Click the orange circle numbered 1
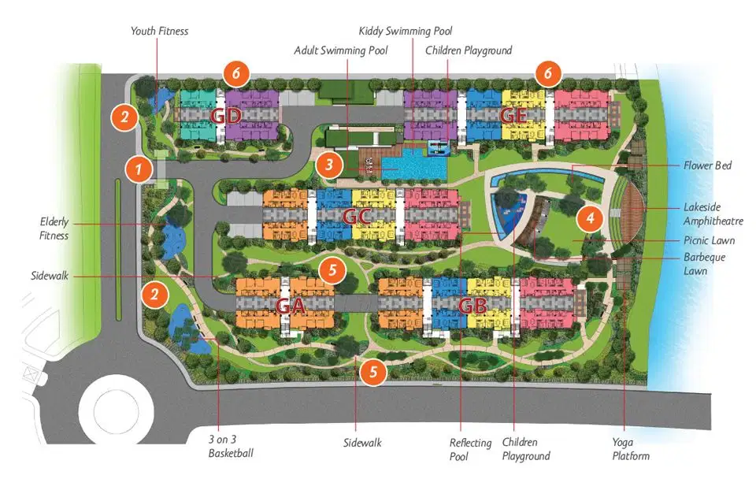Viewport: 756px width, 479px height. [x=139, y=168]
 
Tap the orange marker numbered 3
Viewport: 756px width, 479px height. [x=328, y=165]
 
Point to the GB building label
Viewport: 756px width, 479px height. [x=472, y=305]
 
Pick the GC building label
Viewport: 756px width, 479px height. [x=357, y=215]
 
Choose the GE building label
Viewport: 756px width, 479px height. [x=513, y=115]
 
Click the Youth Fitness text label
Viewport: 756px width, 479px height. [x=160, y=31]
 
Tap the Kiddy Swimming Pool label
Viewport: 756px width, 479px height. [x=406, y=31]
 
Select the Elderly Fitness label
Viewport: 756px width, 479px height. [x=54, y=228]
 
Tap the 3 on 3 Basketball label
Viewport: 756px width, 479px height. [x=231, y=447]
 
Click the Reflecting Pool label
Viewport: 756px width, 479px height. [x=470, y=449]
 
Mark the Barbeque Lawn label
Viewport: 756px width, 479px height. [x=705, y=264]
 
